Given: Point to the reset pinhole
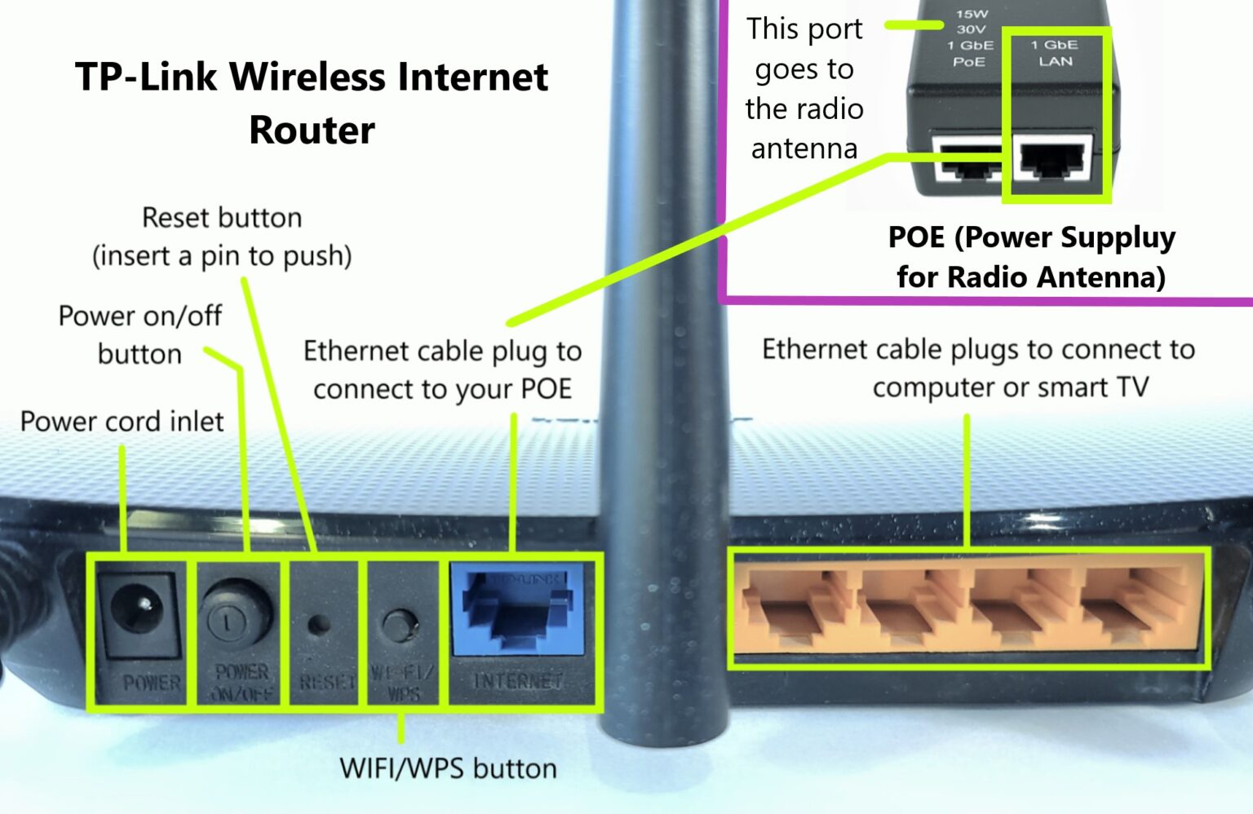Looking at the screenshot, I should click(x=318, y=625).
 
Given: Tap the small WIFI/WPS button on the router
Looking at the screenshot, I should click(x=399, y=624).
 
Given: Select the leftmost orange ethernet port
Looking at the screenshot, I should click(x=791, y=607).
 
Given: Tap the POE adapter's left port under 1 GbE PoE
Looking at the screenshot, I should click(x=967, y=161).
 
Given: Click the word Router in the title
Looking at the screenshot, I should click(x=312, y=131).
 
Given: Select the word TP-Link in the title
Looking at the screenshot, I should click(x=146, y=77).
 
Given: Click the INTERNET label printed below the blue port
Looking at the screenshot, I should click(x=518, y=680).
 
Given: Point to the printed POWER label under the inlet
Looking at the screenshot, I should click(x=151, y=682).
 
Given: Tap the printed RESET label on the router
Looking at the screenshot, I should click(x=326, y=681).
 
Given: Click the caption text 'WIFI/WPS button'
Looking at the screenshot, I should click(x=448, y=768).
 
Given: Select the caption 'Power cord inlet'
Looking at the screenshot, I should click(x=122, y=422).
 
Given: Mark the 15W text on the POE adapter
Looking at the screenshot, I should click(x=972, y=14).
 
